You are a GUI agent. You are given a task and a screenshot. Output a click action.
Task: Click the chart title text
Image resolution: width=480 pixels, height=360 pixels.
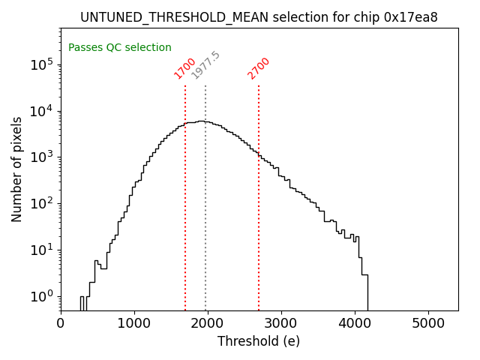coord(259,17)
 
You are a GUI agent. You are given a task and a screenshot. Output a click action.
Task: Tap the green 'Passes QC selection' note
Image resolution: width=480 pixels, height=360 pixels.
coord(120,47)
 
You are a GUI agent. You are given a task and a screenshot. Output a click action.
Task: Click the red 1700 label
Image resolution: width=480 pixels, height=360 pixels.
coord(184,68)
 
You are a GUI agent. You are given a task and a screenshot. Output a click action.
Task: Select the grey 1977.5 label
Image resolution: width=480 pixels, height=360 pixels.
coord(205,65)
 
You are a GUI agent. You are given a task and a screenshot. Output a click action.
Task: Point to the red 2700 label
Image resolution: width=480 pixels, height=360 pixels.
coord(258,68)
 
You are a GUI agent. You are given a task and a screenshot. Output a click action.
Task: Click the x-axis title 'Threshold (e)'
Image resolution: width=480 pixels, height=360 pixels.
coord(259,341)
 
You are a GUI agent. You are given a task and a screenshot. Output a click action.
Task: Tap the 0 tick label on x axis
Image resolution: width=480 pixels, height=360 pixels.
coord(61,323)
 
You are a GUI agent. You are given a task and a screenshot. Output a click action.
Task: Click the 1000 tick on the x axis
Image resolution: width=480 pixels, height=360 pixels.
coord(134,323)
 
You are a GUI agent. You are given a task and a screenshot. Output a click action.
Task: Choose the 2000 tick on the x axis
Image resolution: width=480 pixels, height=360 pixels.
coord(208,323)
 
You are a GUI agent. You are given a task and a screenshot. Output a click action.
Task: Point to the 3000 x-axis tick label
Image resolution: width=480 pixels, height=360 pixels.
coord(281,323)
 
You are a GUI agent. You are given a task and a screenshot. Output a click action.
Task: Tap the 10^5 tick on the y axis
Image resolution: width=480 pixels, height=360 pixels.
coord(42,64)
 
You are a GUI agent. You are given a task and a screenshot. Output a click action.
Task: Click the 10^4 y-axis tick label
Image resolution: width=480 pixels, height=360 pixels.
coord(42,111)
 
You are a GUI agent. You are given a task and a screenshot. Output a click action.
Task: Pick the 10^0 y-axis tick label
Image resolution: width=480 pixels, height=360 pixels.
coord(42,296)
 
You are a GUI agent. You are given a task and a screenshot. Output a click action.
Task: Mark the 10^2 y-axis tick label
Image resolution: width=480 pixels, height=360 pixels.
coord(42,203)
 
